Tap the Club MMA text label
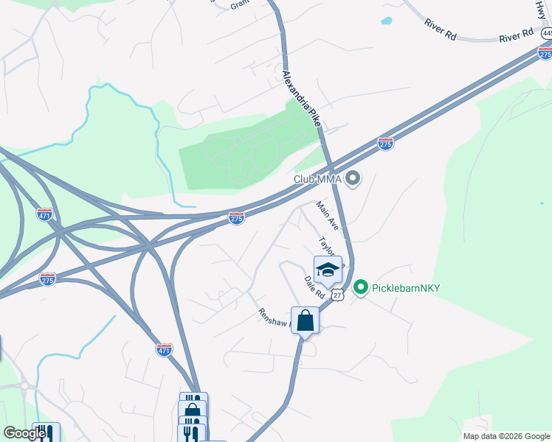tap(318, 178)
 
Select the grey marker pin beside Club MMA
tap(353, 178)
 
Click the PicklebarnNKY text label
tap(405, 287)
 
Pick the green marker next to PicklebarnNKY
tap(360, 287)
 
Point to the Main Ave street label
tap(327, 215)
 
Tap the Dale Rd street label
tap(314, 287)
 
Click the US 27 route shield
tap(337, 295)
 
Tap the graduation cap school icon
tap(328, 270)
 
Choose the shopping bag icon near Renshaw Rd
tap(305, 321)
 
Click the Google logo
tap(25, 433)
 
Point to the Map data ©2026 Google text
tap(506, 436)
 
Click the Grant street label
tap(240, 4)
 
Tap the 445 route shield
tap(546, 34)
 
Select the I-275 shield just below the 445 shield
tap(545, 53)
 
